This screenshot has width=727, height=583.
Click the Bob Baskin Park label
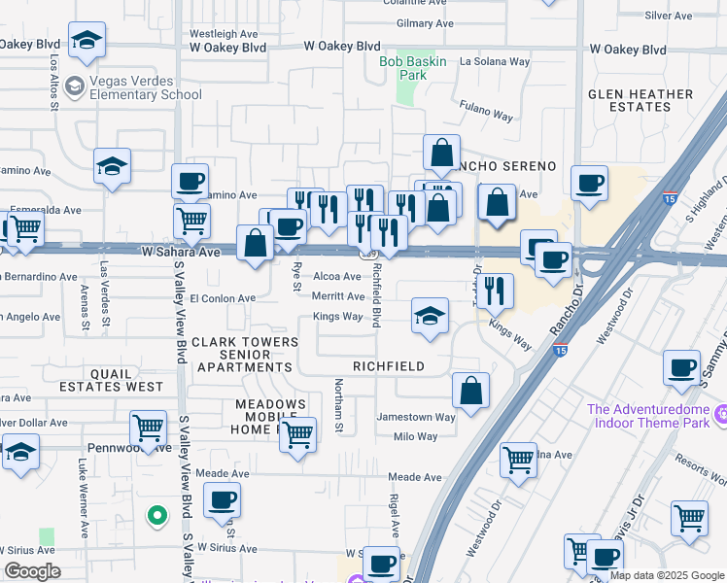pos(403,66)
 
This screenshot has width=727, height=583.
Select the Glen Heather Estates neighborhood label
pos(640,102)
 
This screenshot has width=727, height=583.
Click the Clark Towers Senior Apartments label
pos(244,355)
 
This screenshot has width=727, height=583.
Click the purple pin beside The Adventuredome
pos(720,416)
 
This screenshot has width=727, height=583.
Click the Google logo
pos(31,571)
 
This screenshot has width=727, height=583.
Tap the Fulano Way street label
pos(486,115)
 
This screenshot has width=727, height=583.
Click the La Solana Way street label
pos(495,61)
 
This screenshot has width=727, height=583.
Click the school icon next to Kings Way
pos(430,317)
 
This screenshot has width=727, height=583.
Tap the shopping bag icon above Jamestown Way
pos(470,391)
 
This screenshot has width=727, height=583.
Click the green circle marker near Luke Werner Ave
pos(155,516)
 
